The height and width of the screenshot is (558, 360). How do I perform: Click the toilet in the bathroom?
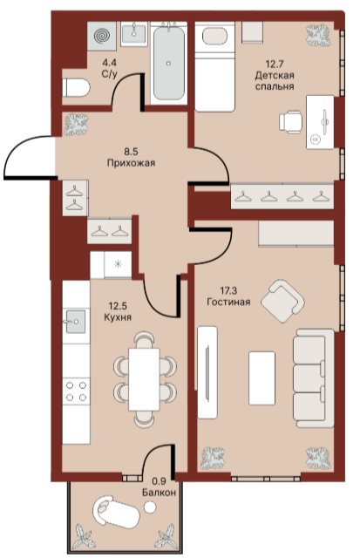(x=76, y=87)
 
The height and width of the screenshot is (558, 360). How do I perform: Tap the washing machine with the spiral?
(x=102, y=35)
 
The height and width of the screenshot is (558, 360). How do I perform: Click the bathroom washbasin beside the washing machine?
(x=133, y=34)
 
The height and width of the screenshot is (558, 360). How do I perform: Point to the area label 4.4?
(x=109, y=63)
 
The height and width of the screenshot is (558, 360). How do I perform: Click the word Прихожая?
(x=131, y=163)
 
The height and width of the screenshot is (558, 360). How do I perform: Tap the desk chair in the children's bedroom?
(x=290, y=122)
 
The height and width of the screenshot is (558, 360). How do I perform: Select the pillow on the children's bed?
(x=214, y=36)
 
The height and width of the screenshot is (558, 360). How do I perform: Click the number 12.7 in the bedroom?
(x=275, y=65)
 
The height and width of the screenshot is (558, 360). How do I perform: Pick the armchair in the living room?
(x=282, y=301)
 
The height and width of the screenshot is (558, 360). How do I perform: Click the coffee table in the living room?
(x=262, y=378)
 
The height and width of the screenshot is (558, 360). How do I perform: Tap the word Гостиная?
(x=228, y=303)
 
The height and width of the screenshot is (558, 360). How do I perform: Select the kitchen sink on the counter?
(x=75, y=322)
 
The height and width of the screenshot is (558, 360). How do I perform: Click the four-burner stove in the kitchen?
(x=76, y=391)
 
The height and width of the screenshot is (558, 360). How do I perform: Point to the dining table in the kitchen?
(x=144, y=379)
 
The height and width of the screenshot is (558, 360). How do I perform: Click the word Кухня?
(x=118, y=317)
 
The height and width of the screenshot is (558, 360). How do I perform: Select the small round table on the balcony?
(x=150, y=507)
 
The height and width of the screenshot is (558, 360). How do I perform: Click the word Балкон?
(x=159, y=493)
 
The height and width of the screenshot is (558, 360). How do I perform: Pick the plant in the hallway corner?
(x=76, y=125)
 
